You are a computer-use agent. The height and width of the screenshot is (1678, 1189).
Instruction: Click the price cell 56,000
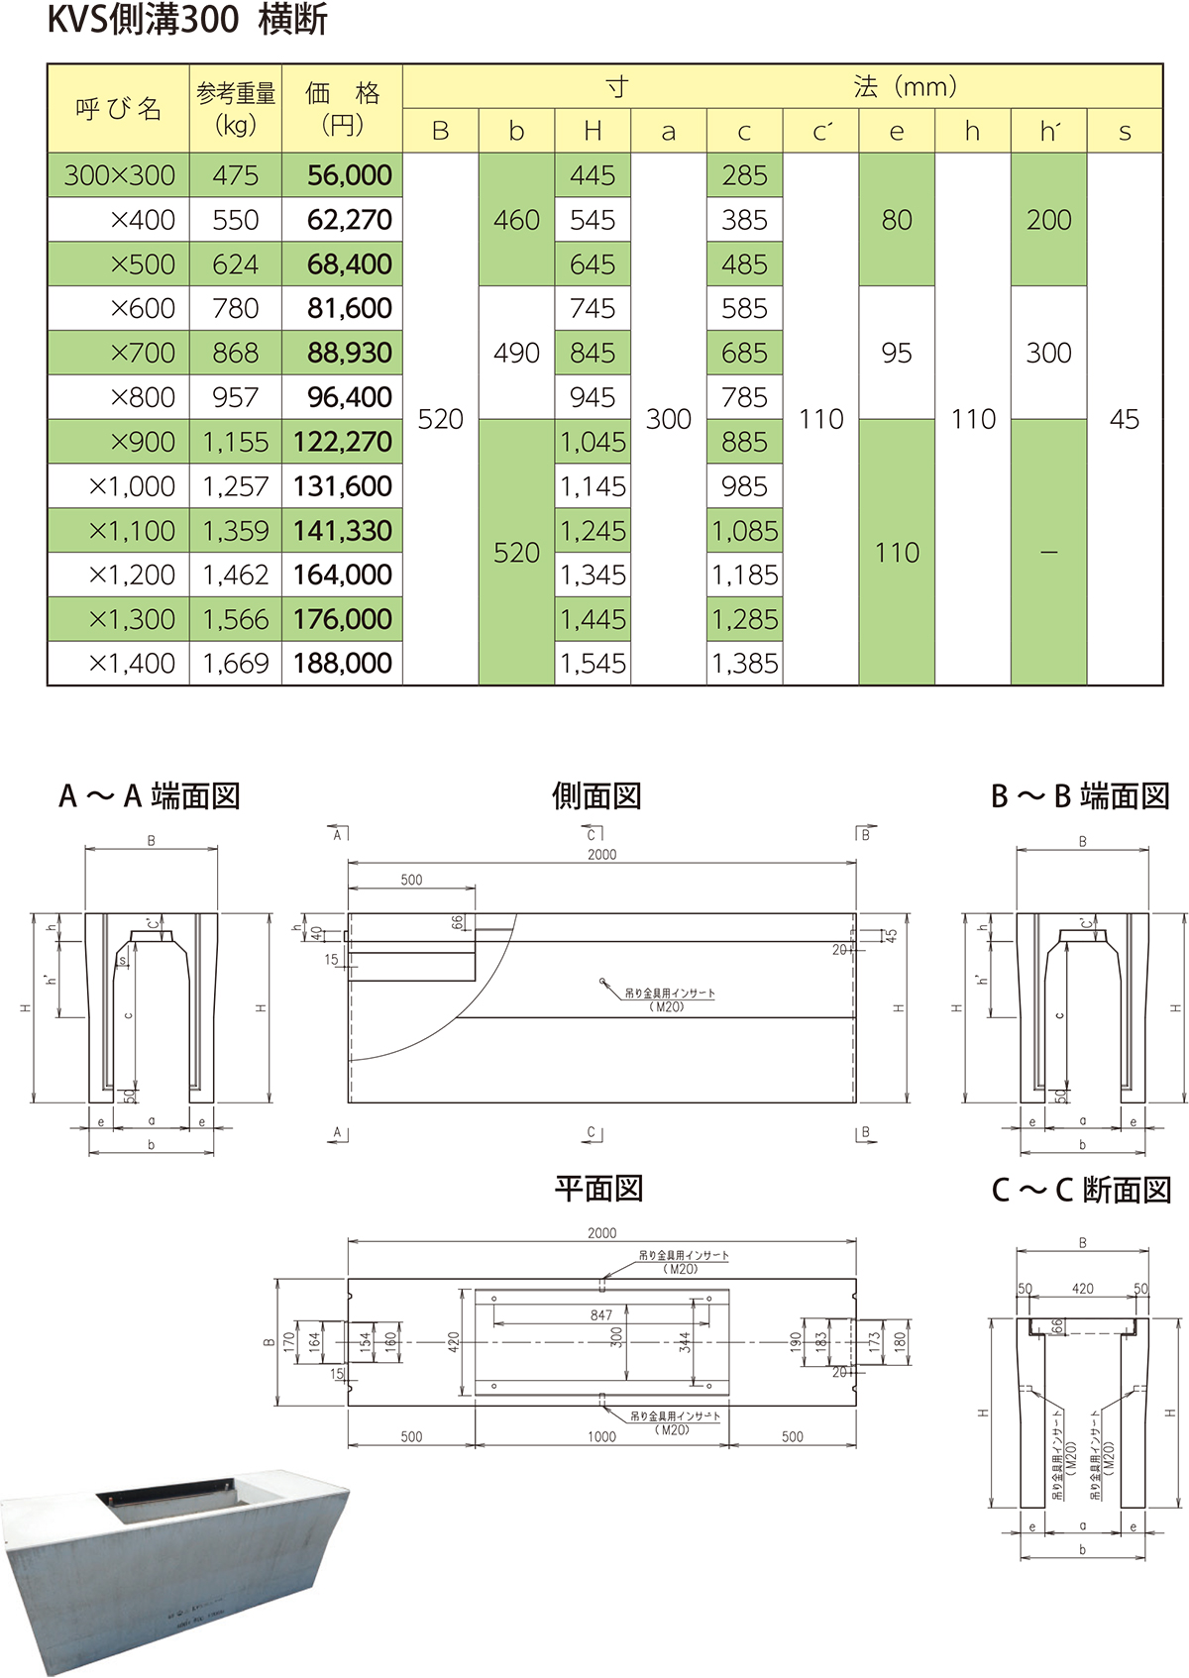(343, 175)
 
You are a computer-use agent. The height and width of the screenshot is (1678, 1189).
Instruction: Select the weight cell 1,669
(236, 663)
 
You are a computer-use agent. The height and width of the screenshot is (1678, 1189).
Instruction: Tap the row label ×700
(143, 353)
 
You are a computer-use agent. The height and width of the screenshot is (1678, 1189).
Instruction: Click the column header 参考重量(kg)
(236, 109)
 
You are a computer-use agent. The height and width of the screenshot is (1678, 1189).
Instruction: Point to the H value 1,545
(593, 663)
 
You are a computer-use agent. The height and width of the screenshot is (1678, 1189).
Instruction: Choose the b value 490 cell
(516, 353)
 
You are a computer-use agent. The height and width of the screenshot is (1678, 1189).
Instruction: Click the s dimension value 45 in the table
(1125, 419)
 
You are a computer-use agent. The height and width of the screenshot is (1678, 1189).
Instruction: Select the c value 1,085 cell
(745, 531)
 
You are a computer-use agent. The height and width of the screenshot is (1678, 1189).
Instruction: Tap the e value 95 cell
(897, 353)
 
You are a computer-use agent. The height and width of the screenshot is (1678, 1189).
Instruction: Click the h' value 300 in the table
(1048, 353)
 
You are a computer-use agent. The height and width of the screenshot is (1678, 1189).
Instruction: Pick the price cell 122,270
(343, 442)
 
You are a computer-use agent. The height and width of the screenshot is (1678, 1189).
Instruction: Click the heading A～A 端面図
(150, 795)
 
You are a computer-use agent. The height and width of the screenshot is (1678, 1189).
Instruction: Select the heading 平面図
(598, 1188)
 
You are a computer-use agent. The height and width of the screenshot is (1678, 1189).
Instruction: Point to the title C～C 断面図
(1081, 1189)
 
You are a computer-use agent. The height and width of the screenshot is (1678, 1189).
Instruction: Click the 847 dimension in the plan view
(601, 1314)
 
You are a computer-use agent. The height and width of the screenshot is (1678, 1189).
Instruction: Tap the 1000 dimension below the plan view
(601, 1436)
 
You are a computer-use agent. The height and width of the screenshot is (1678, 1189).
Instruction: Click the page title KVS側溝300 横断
(187, 21)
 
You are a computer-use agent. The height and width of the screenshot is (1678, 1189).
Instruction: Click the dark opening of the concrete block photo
(168, 1505)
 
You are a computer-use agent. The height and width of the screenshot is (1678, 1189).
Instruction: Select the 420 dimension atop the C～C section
(1083, 1289)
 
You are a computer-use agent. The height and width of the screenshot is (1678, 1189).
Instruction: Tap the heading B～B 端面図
(1080, 795)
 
